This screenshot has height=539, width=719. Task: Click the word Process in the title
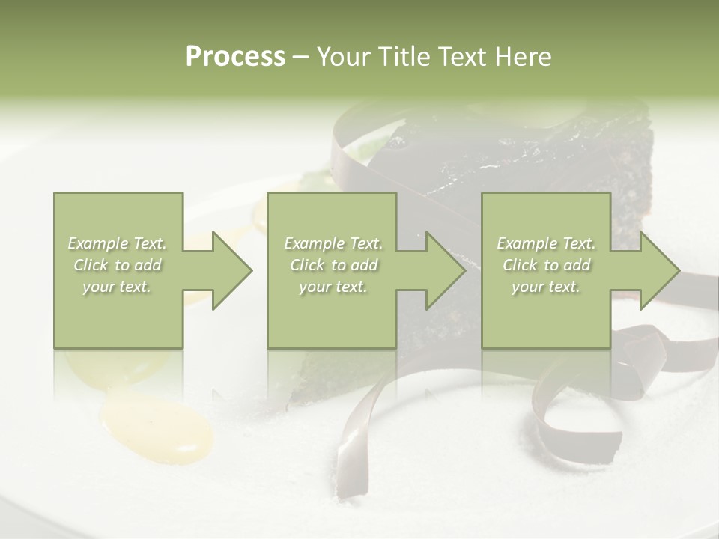coord(235,57)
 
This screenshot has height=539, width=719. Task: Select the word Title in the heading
coord(404,57)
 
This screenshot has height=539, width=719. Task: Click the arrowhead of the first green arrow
coord(232,270)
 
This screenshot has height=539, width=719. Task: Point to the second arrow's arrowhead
coord(446,270)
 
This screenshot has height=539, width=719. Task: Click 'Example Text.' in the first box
coord(118,243)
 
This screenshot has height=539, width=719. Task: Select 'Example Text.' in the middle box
coord(333,243)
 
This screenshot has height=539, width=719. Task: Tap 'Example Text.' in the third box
coord(546,243)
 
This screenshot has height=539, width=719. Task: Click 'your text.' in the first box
coord(118,287)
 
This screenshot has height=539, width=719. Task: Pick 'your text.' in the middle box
coord(333,287)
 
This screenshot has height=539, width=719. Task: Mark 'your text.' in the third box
coord(546,287)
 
